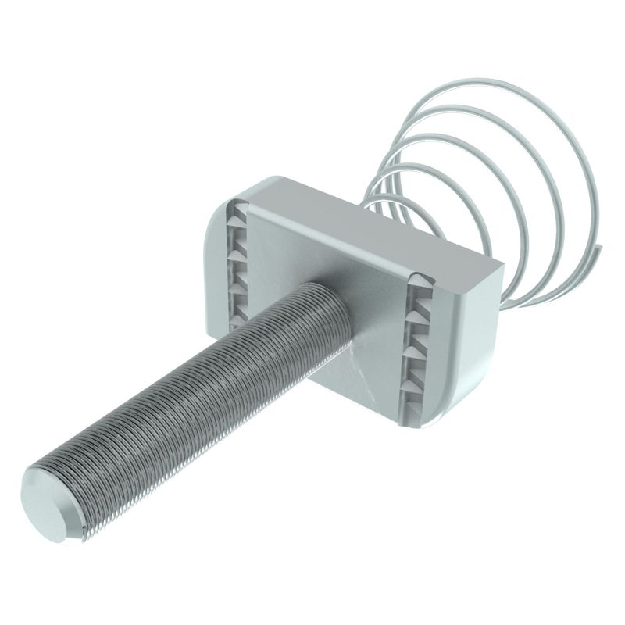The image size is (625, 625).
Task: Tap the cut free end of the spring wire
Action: [x=601, y=249]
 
